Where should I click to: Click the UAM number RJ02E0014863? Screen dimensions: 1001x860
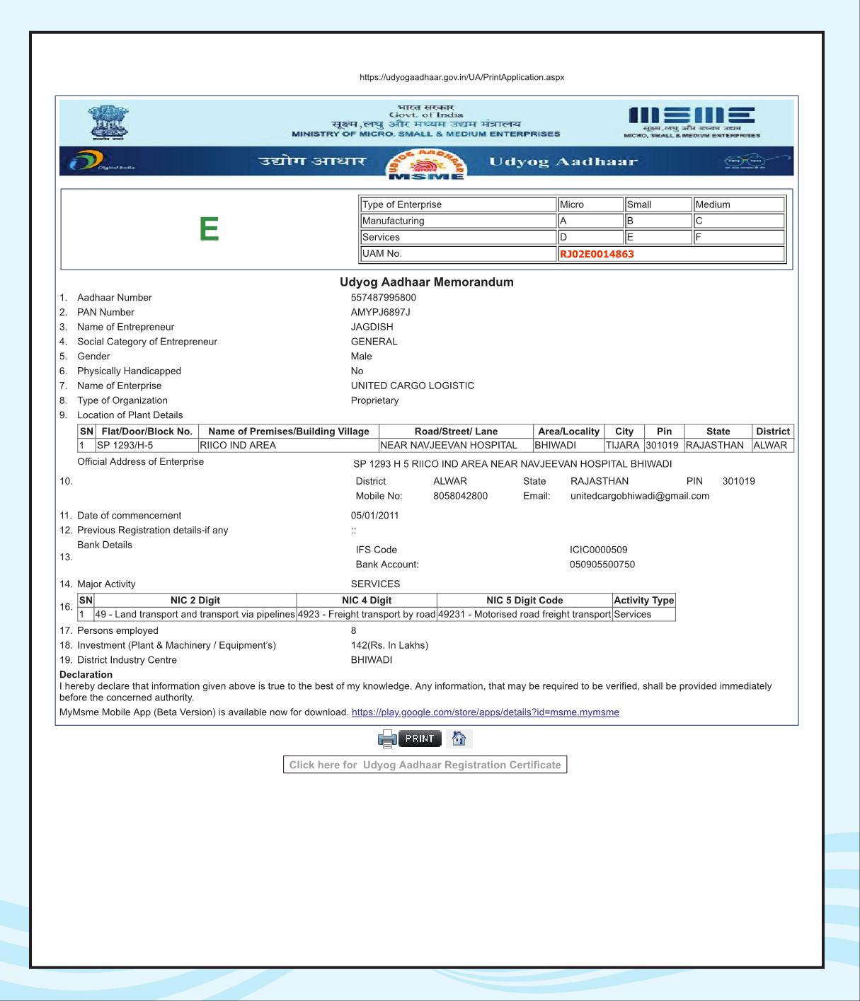click(597, 254)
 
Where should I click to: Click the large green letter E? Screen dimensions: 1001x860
click(209, 229)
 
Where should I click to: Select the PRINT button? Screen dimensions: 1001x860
click(420, 739)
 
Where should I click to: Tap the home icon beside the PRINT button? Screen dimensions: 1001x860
click(459, 739)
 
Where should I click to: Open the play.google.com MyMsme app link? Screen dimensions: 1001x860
click(485, 712)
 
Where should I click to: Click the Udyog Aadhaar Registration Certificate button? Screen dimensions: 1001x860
click(425, 765)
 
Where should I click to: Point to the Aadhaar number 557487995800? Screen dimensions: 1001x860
click(384, 298)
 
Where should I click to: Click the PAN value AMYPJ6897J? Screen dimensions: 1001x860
click(381, 313)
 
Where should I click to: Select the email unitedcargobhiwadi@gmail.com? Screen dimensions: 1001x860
click(640, 496)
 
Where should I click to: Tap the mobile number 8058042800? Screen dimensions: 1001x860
click(460, 496)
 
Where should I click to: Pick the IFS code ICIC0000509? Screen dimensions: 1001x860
click(598, 550)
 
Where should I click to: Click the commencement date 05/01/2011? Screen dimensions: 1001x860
click(375, 516)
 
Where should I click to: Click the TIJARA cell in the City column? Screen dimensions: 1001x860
click(622, 445)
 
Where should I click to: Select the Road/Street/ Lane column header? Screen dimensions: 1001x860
click(456, 432)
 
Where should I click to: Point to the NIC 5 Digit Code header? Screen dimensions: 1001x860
click(524, 601)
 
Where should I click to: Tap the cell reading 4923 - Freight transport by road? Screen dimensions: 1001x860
click(367, 614)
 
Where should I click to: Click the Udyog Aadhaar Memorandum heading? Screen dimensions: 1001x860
click(427, 282)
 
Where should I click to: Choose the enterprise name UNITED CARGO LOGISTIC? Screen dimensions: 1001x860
click(413, 386)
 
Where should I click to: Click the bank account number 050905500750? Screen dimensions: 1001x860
click(602, 565)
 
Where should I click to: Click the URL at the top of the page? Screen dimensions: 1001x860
click(461, 77)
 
